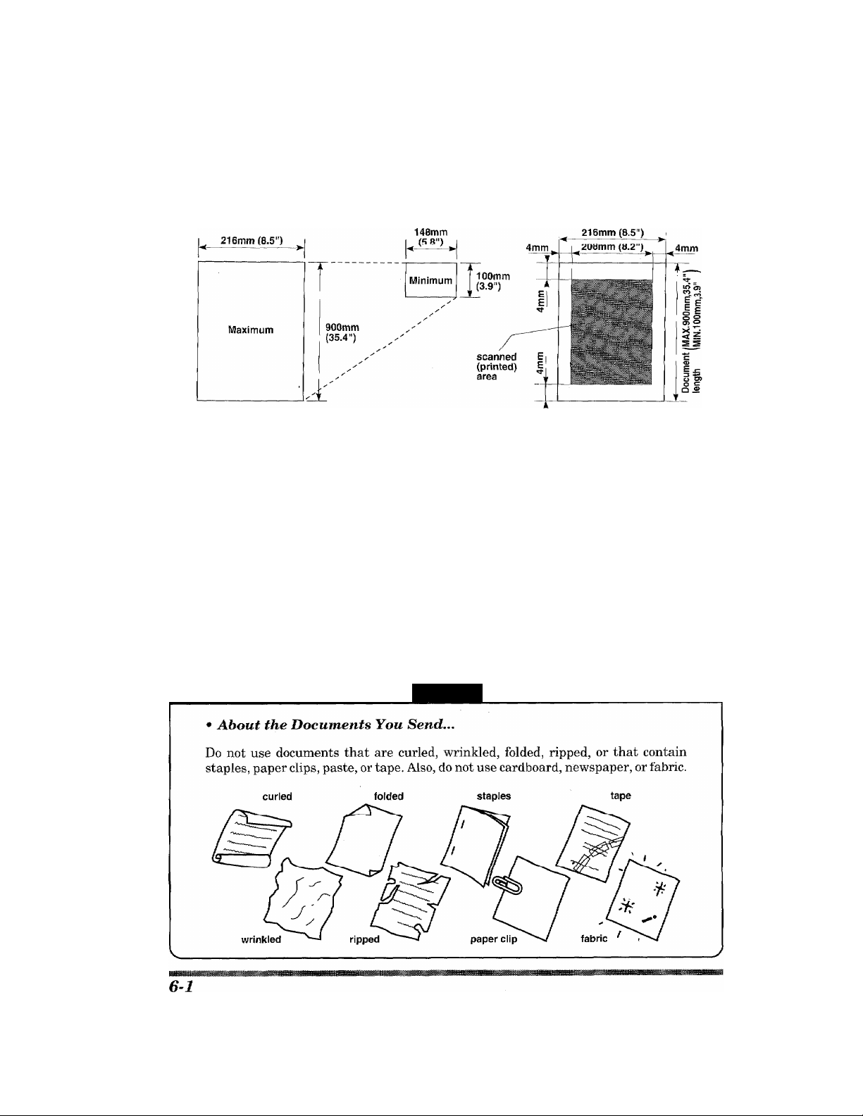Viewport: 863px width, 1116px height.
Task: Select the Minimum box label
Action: tap(430, 280)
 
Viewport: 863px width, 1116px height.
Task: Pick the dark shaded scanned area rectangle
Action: tap(611, 331)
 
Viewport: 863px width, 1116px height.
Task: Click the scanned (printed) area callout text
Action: tap(497, 367)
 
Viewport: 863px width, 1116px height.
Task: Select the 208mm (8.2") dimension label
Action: tap(611, 246)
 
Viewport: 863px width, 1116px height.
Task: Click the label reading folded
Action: tap(388, 796)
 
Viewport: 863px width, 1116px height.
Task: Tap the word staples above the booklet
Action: tap(495, 796)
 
